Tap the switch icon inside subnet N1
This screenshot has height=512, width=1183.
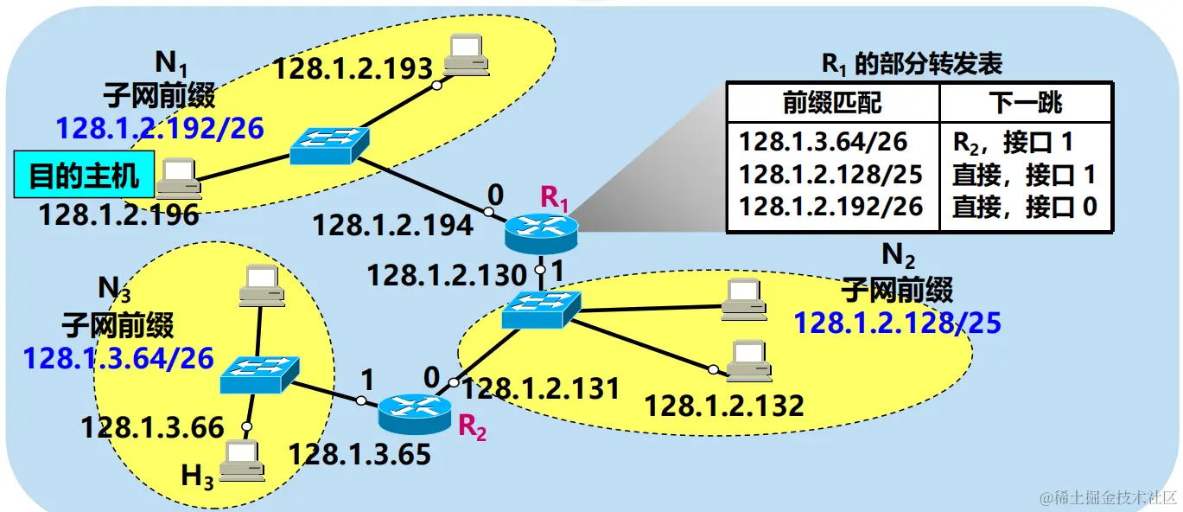[329, 146]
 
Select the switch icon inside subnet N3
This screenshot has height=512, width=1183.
[259, 376]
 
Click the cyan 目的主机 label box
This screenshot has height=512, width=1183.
[84, 176]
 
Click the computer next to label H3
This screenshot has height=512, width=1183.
[241, 460]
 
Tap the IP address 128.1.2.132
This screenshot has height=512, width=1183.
[724, 404]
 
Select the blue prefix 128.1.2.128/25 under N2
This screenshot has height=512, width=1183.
[897, 323]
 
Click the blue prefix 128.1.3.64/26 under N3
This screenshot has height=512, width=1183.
[118, 358]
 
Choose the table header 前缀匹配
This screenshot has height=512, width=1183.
[832, 104]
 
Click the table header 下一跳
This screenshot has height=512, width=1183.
[1024, 104]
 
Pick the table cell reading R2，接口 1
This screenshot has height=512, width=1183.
[1023, 141]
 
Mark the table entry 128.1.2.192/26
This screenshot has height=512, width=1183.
[831, 207]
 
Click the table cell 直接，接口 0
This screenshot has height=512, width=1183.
[1023, 207]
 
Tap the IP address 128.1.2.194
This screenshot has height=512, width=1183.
[392, 227]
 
